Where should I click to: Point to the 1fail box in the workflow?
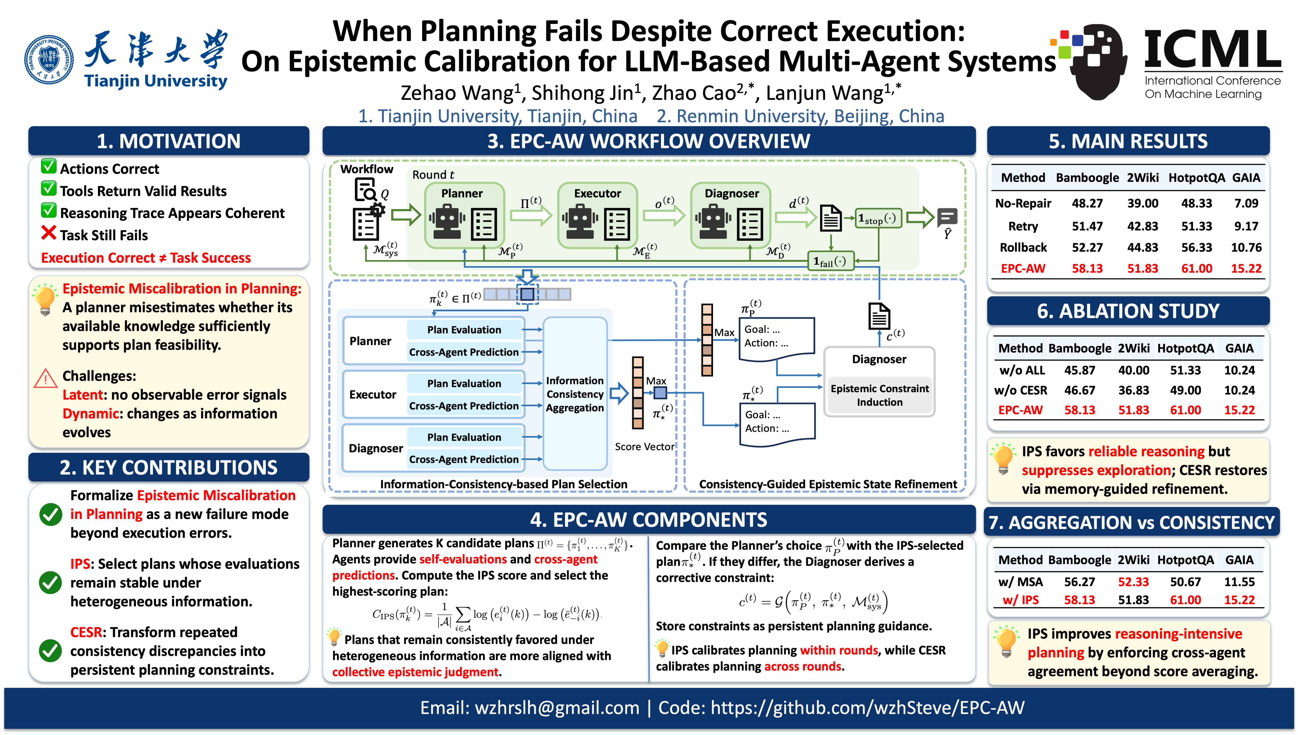[x=831, y=261]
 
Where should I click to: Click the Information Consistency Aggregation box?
[x=575, y=394]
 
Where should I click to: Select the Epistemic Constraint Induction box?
[x=879, y=395]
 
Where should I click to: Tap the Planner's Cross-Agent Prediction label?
[x=464, y=352]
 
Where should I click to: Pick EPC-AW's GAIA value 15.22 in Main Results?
[x=1246, y=268]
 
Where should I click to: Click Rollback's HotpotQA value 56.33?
[x=1196, y=247]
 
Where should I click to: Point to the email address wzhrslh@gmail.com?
[x=557, y=708]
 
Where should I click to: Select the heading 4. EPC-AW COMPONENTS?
[x=649, y=520]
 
